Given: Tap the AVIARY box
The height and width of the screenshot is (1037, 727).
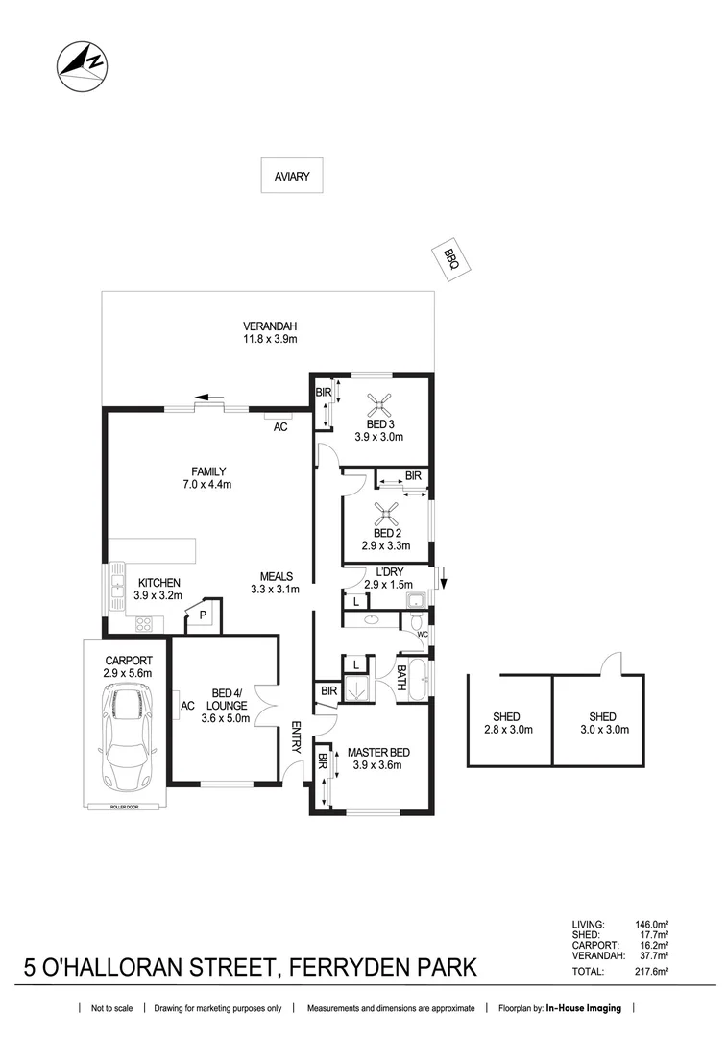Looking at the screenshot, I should tap(292, 176).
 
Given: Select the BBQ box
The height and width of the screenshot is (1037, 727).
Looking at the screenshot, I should tap(450, 258).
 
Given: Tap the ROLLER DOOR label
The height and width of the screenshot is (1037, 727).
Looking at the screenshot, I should tap(124, 807).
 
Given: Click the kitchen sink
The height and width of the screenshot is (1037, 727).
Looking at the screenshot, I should tap(117, 583).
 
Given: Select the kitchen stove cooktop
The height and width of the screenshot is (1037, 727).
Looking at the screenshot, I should tap(144, 623).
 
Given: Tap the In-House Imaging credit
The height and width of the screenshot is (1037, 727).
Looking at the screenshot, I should tap(584, 1008).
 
